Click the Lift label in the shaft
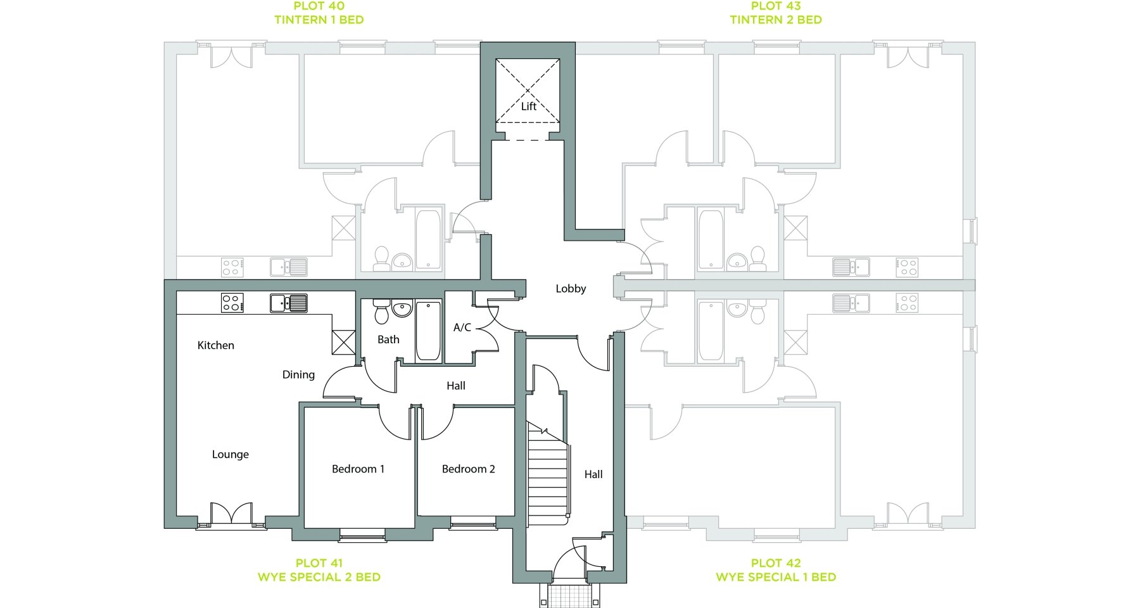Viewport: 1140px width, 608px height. pos(529,106)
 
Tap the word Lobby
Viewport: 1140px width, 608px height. pos(571,289)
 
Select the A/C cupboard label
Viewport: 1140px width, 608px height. pos(462,327)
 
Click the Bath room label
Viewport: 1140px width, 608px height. pos(388,339)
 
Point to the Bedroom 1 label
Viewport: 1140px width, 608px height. pos(358,469)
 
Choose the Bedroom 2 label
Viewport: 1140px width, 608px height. pos(468,469)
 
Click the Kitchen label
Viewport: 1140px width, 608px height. pos(216,345)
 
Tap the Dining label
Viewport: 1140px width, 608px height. pos(298,375)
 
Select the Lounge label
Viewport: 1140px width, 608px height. pos(231,455)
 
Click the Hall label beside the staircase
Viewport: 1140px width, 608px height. pos(593,474)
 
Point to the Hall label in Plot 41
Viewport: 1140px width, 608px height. pos(456,386)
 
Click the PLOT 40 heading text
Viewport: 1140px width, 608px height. pos(319,6)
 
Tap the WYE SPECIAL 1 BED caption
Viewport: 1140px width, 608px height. pos(776,577)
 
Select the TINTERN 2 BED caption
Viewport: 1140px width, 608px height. pos(776,20)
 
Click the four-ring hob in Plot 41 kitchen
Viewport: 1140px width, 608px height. pos(232,303)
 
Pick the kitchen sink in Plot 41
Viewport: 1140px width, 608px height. pos(289,303)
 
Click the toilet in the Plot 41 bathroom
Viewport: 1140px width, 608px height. pos(381,311)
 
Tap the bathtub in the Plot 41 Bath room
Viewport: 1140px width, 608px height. pos(428,331)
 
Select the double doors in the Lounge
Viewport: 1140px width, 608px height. pos(231,514)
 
